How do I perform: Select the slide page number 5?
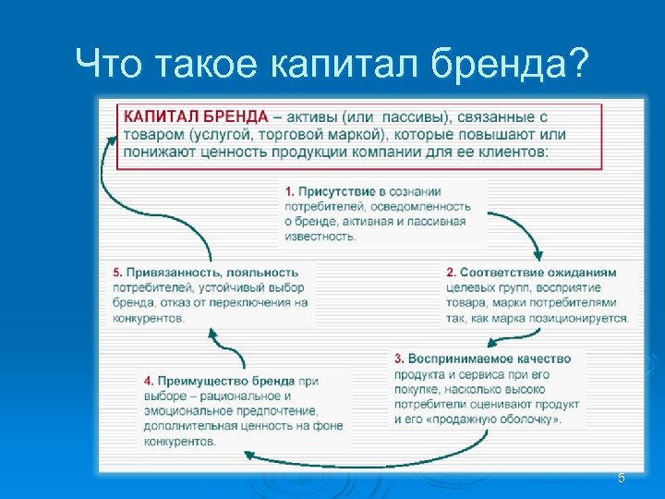pyautogui.click(x=621, y=478)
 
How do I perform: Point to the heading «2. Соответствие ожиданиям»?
pyautogui.click(x=530, y=273)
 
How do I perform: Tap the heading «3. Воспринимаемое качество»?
pyautogui.click(x=482, y=359)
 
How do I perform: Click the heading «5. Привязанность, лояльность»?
pyautogui.click(x=206, y=273)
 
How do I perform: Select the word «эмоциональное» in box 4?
pyautogui.click(x=184, y=410)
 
